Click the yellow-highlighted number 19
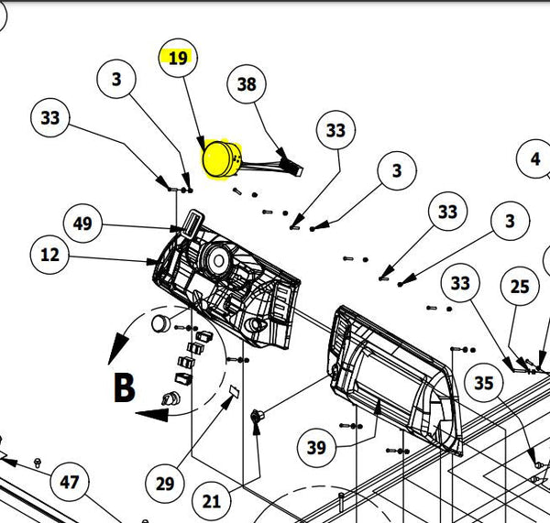click(x=178, y=58)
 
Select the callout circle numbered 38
click(x=247, y=84)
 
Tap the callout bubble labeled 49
click(x=82, y=223)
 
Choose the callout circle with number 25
click(x=520, y=287)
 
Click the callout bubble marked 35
click(x=483, y=384)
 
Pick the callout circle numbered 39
click(x=316, y=448)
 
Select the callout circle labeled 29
click(x=164, y=482)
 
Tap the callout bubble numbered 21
click(x=212, y=500)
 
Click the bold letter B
click(x=123, y=387)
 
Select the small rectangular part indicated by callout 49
click(x=192, y=222)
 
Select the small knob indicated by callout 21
click(x=257, y=418)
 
